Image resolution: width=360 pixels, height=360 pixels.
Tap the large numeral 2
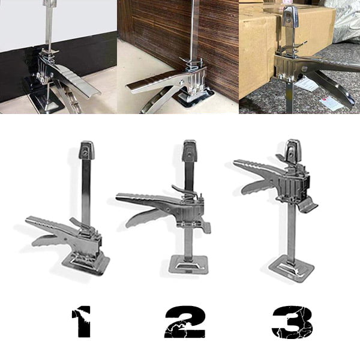[x=185, y=322]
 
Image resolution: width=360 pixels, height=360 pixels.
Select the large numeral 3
[x=292, y=322]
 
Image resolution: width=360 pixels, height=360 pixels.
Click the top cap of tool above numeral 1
[x=86, y=150]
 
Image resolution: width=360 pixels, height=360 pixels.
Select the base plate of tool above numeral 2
[x=189, y=264]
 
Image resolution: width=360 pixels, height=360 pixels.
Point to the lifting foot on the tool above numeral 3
[x=308, y=205]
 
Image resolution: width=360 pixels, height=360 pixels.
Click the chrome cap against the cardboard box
[x=290, y=16]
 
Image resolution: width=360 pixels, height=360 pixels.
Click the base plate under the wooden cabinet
[x=195, y=98]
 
